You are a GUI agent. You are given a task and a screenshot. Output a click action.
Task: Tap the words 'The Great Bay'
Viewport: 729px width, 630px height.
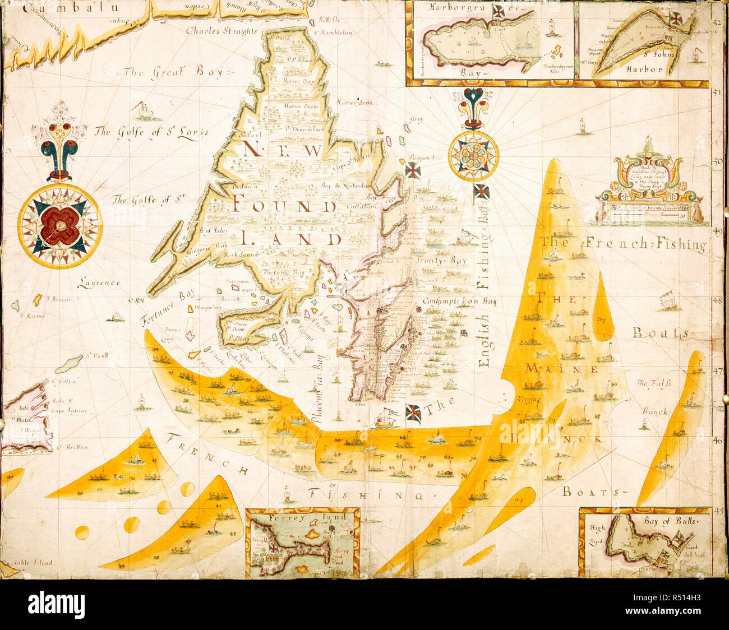click(173, 72)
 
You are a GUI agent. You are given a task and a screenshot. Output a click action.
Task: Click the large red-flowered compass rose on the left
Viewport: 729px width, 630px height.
click(59, 224)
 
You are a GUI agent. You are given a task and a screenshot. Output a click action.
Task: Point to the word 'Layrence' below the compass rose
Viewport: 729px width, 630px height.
click(99, 283)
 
